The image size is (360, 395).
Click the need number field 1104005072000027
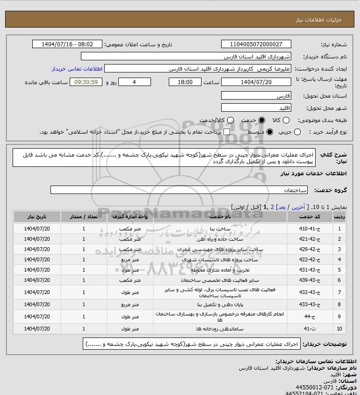[256, 44]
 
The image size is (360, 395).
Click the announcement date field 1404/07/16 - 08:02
[67, 44]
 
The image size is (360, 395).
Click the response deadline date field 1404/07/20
[256, 82]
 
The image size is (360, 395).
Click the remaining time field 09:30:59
[86, 82]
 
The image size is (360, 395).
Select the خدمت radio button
[261, 120]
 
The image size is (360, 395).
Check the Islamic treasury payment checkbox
[227, 132]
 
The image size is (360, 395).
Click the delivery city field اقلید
[256, 108]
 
